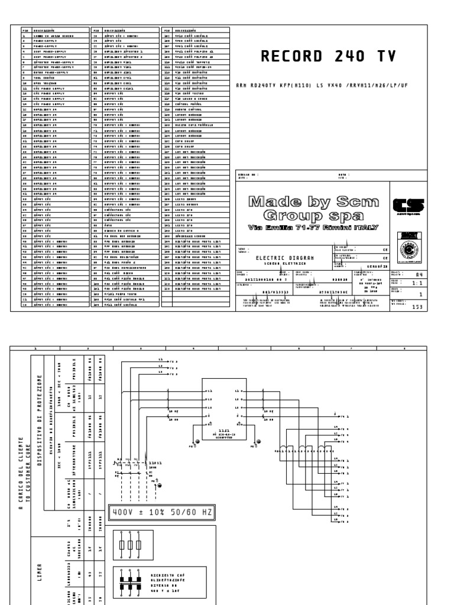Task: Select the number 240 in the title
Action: coord(345,56)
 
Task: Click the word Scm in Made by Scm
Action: coord(354,201)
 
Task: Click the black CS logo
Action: coord(407,205)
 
